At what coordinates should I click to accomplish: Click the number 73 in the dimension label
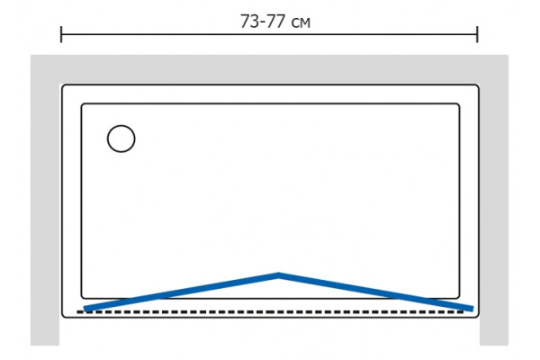[249, 22]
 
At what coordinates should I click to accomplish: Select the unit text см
[301, 23]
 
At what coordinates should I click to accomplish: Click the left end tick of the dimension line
[61, 34]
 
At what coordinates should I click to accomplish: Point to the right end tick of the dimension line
[477, 34]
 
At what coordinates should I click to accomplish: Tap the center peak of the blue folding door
[278, 274]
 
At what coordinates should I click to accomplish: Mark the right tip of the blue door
[472, 309]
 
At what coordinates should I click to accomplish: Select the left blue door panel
[181, 292]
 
